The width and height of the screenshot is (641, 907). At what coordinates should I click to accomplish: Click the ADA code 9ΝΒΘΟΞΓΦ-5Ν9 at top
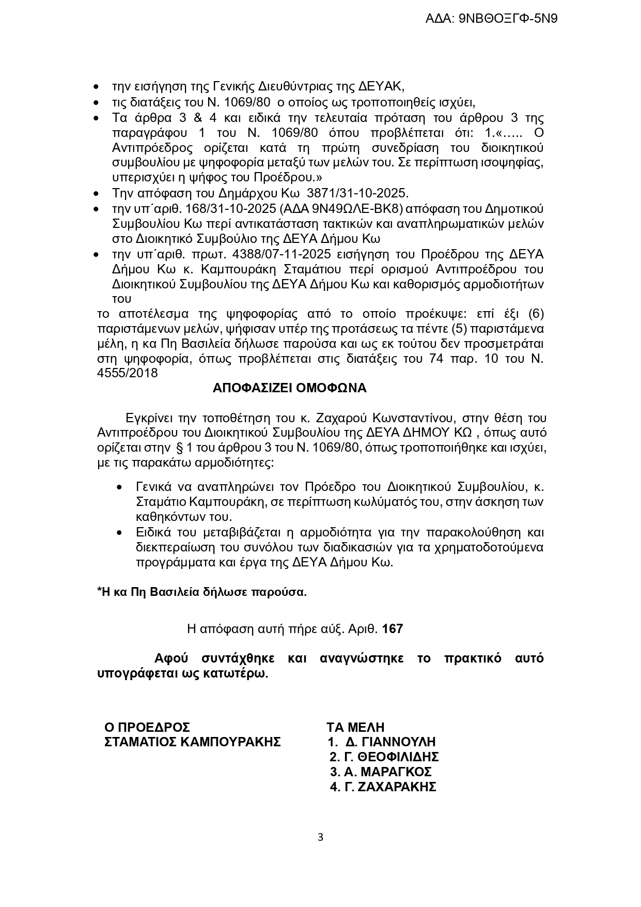click(x=508, y=19)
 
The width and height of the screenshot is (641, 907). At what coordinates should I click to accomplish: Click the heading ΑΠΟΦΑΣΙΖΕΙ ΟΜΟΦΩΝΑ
click(x=289, y=388)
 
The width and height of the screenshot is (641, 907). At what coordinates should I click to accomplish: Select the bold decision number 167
click(x=393, y=629)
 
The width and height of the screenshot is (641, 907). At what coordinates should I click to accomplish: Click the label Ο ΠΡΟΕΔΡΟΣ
click(x=147, y=728)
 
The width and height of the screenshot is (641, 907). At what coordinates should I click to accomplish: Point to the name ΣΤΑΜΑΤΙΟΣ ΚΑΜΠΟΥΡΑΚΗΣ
click(x=193, y=742)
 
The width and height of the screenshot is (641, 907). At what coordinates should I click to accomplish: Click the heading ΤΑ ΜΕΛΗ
click(x=355, y=728)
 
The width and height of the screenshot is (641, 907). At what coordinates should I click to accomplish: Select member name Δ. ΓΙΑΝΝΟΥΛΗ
click(x=390, y=743)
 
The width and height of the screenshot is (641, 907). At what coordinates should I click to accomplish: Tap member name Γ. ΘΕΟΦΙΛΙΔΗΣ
click(x=391, y=757)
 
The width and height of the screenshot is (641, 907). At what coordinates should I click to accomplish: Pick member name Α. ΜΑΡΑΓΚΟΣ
click(x=388, y=772)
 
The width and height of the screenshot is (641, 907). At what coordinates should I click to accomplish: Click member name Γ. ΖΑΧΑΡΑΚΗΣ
click(x=390, y=787)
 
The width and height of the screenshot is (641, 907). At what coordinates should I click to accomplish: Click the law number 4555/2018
click(x=128, y=373)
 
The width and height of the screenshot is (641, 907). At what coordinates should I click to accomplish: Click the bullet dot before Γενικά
click(x=120, y=487)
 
